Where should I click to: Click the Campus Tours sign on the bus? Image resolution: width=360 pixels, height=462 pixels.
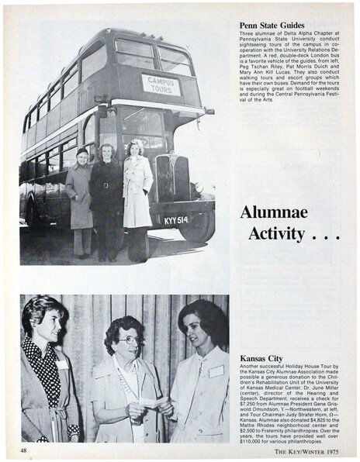click(161, 84)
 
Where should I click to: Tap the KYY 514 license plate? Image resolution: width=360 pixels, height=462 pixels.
click(175, 220)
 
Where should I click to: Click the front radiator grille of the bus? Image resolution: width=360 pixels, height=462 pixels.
click(166, 178)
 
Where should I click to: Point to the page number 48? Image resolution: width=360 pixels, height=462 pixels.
click(26, 449)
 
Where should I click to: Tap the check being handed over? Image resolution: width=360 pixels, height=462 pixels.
click(152, 402)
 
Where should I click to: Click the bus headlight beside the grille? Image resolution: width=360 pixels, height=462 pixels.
click(198, 188)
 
